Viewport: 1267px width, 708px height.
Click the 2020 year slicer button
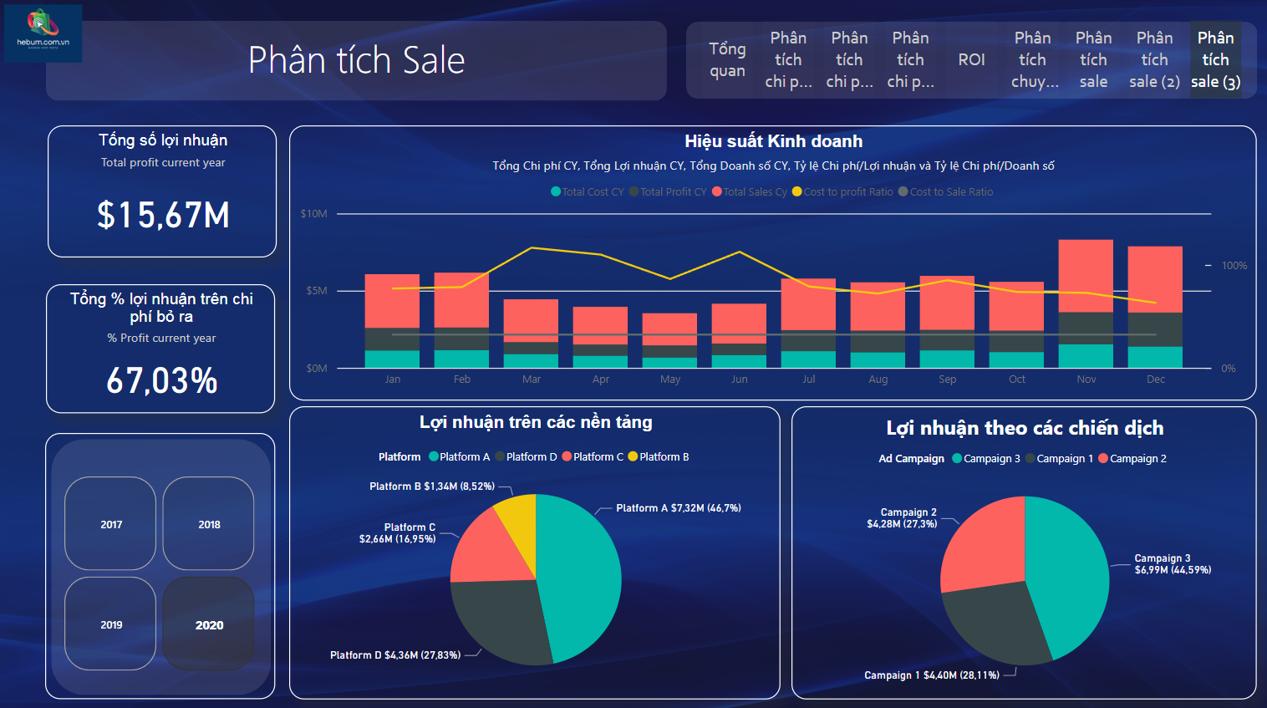pyautogui.click(x=209, y=624)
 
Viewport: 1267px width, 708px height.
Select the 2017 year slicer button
pyautogui.click(x=111, y=524)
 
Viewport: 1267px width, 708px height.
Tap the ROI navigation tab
pyautogui.click(x=971, y=59)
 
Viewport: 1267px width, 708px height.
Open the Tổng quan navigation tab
pyautogui.click(x=727, y=59)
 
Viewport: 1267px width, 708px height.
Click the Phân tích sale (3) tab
pyautogui.click(x=1215, y=59)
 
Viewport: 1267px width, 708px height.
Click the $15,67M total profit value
pyautogui.click(x=163, y=215)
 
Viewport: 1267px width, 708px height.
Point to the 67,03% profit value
pyautogui.click(x=162, y=380)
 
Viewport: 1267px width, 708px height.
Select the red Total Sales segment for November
pyautogui.click(x=1086, y=276)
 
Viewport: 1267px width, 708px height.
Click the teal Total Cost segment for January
pyautogui.click(x=392, y=359)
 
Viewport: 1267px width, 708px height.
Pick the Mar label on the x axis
pyautogui.click(x=532, y=379)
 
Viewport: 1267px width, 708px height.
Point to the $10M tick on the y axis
pyautogui.click(x=314, y=214)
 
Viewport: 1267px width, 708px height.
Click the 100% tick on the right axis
pyautogui.click(x=1234, y=266)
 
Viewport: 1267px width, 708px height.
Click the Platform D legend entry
pyautogui.click(x=526, y=457)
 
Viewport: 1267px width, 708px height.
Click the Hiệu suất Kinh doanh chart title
pyautogui.click(x=773, y=141)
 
